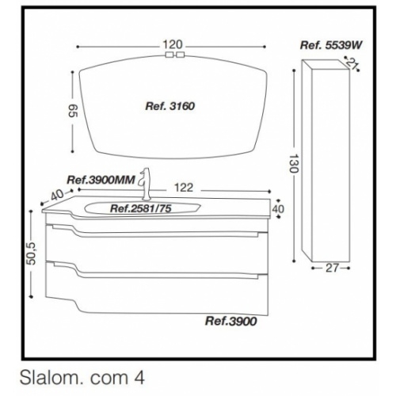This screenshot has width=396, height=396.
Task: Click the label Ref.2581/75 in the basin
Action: [140, 209]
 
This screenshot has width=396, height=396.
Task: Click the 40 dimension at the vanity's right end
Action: [278, 208]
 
